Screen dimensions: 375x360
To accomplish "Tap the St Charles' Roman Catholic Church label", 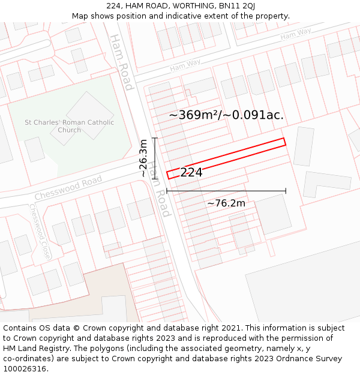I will [x=69, y=126].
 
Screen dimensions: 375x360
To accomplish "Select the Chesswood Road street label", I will [x=68, y=188].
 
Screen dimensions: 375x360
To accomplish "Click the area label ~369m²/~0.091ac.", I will [x=226, y=115].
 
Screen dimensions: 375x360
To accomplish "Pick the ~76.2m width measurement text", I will [x=226, y=203].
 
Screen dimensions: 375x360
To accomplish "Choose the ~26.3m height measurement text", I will [x=143, y=158].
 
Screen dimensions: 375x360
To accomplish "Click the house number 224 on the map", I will [x=191, y=173].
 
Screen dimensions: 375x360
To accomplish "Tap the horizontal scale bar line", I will [x=226, y=191].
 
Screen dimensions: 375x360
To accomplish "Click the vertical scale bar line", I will [x=155, y=158].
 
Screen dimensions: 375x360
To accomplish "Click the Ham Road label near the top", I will [x=120, y=62].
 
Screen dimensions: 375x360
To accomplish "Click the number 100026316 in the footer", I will [x=25, y=369].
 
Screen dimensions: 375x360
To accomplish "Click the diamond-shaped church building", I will [x=89, y=115].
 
